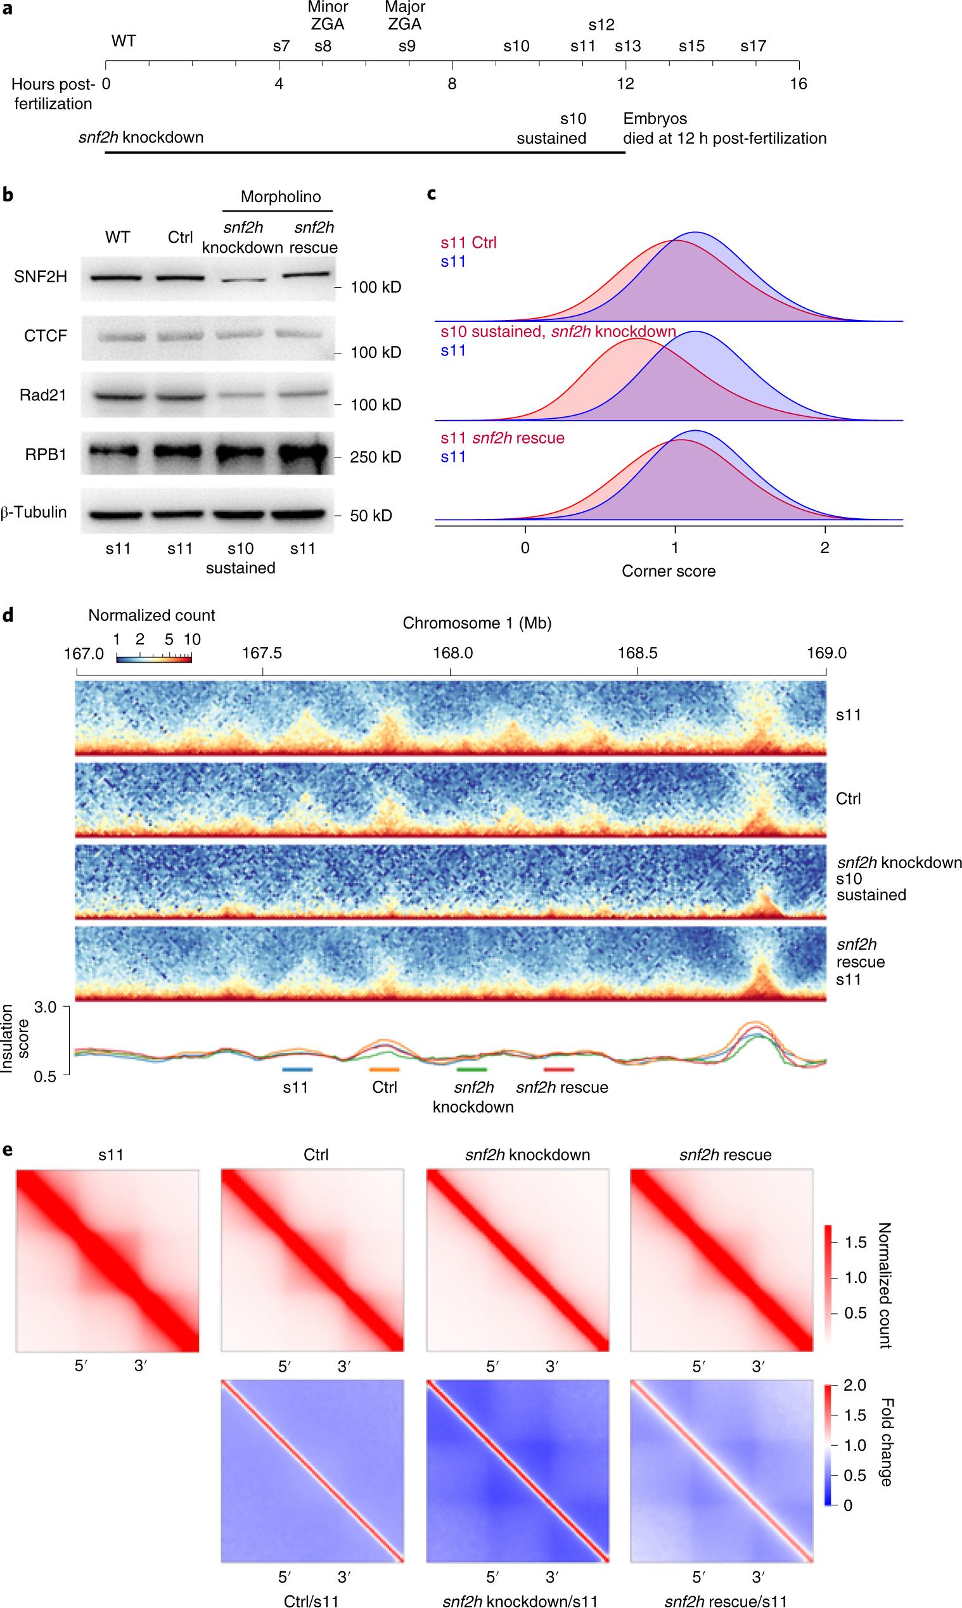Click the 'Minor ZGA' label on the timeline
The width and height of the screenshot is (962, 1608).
click(x=328, y=16)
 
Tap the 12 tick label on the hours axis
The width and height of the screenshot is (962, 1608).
click(x=625, y=84)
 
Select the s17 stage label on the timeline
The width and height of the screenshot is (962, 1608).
click(x=754, y=46)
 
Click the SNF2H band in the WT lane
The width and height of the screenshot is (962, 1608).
click(x=117, y=278)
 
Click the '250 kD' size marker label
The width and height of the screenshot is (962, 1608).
click(x=376, y=457)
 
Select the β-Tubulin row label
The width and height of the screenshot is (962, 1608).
click(x=34, y=512)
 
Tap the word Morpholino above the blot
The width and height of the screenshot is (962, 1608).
click(x=281, y=197)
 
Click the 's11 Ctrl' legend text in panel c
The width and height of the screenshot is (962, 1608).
click(x=469, y=244)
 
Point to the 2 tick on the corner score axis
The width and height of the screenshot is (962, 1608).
click(x=824, y=547)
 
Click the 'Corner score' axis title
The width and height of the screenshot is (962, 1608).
click(x=669, y=571)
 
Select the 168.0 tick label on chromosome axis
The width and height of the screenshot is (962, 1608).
click(x=450, y=653)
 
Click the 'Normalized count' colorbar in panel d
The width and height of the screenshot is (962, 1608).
click(x=153, y=658)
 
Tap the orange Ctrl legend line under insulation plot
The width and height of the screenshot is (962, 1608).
click(x=385, y=1069)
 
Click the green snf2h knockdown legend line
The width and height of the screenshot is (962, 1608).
click(x=471, y=1069)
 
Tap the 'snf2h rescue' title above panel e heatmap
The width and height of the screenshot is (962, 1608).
click(x=725, y=1154)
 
